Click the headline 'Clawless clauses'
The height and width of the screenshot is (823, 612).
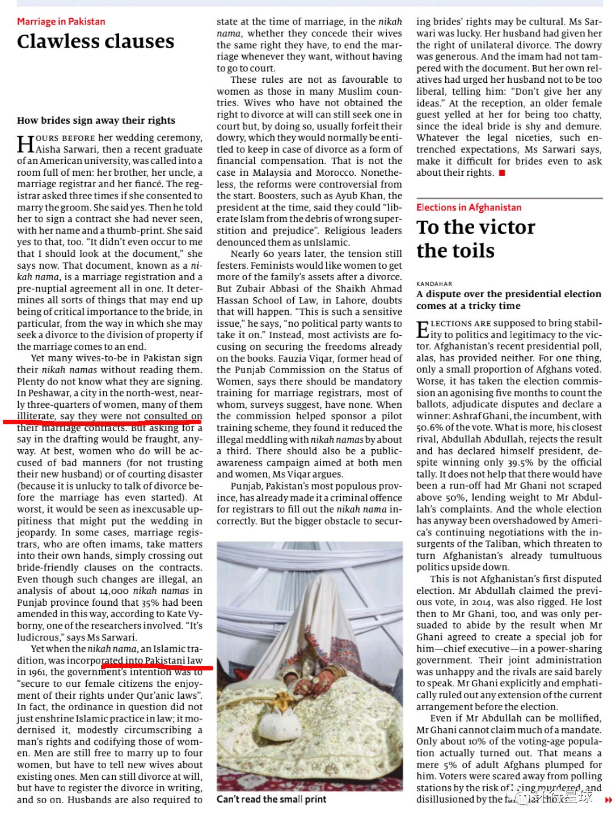click(95, 41)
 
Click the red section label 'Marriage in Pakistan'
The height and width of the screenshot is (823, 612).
click(61, 22)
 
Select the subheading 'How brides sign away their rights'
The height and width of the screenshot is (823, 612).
click(96, 120)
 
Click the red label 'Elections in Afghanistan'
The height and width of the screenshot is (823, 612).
click(469, 208)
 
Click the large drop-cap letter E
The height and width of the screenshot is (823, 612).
click(423, 329)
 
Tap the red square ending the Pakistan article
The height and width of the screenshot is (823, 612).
click(501, 173)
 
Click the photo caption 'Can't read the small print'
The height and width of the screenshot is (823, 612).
click(271, 799)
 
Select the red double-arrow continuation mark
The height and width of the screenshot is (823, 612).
click(608, 800)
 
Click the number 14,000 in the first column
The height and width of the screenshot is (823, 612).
click(115, 590)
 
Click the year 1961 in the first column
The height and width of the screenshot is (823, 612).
click(38, 672)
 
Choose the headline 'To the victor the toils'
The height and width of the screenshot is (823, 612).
click(475, 238)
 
